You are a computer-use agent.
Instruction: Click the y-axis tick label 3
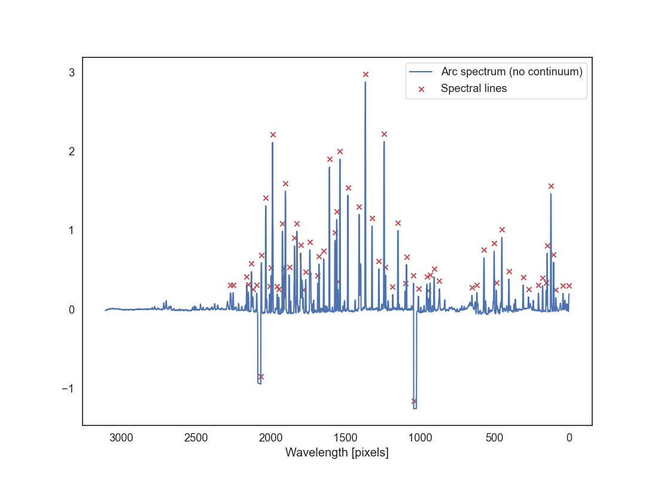point(71,72)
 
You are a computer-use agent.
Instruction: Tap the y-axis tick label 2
point(71,151)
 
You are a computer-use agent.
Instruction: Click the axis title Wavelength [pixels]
point(337,452)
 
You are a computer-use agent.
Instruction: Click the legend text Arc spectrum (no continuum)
point(511,72)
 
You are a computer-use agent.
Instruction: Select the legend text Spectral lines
point(474,88)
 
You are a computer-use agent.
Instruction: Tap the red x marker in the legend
point(421,88)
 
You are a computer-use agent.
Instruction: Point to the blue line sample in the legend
point(421,72)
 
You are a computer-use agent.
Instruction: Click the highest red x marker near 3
point(365,74)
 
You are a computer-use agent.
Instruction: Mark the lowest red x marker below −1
point(414,401)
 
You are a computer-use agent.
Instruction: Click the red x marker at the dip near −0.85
point(261,376)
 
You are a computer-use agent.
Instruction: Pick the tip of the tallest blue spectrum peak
point(365,82)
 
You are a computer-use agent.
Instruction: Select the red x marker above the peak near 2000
point(273,134)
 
